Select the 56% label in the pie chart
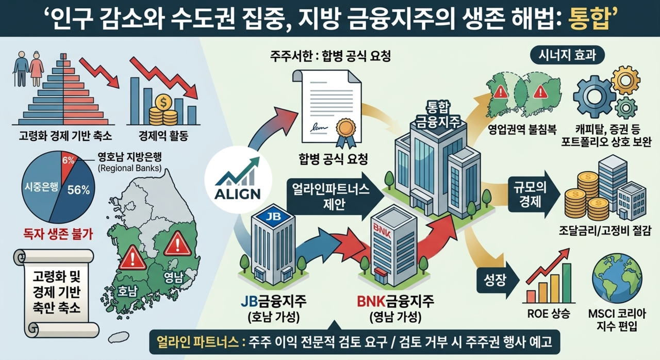pos(79,190)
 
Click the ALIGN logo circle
pos(238,179)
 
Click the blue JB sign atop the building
pos(273,216)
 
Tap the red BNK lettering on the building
pos(383,231)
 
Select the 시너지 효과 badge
pos(567,55)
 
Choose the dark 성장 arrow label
pos(496,280)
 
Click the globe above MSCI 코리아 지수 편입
pos(617,278)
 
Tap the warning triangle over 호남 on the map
pos(133,258)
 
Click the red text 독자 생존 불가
pos(58,234)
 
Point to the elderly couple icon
pos(28,69)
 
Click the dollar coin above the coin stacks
pos(162,103)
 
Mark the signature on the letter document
pos(318,127)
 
